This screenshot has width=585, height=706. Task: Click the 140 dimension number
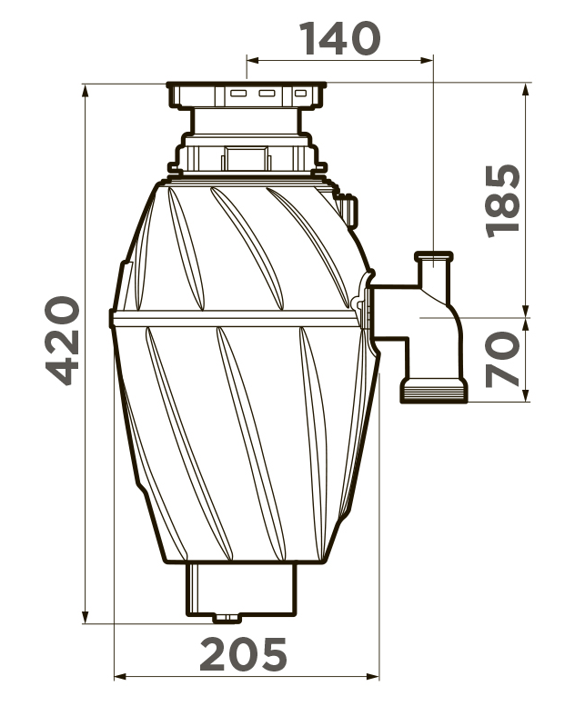339,38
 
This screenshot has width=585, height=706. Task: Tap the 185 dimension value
503,200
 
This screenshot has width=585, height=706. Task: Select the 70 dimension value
503,358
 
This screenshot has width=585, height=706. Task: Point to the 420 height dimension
61,339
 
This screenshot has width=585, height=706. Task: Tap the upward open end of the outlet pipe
434,259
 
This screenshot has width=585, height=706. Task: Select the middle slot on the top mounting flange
267,94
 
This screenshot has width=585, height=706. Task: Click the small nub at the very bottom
224,619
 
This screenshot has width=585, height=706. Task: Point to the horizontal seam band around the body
237,318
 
